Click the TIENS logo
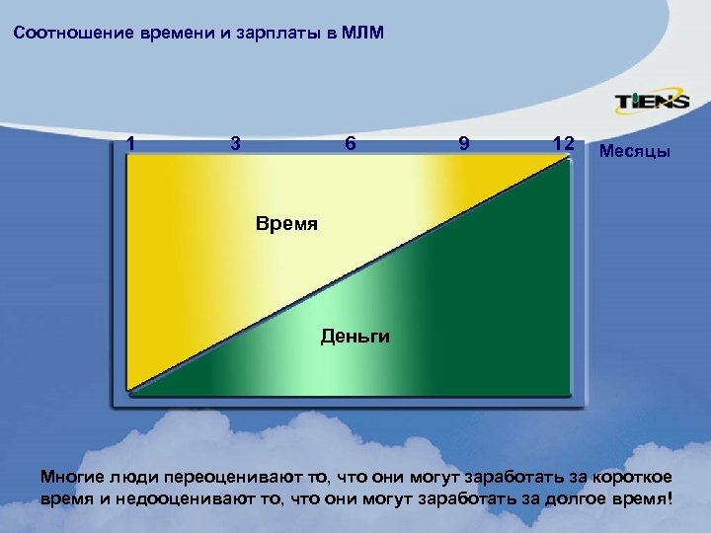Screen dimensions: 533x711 coord(652,101)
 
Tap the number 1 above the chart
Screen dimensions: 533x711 coord(130,143)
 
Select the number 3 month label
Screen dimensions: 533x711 coord(234,143)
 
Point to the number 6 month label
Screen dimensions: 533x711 coord(350,143)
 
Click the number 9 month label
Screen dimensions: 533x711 coord(464,143)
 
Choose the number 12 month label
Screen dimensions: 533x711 coord(564,143)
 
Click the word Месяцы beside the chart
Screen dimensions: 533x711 coord(634,153)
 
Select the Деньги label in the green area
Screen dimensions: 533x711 coord(355,337)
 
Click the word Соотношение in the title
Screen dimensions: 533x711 coord(65,35)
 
